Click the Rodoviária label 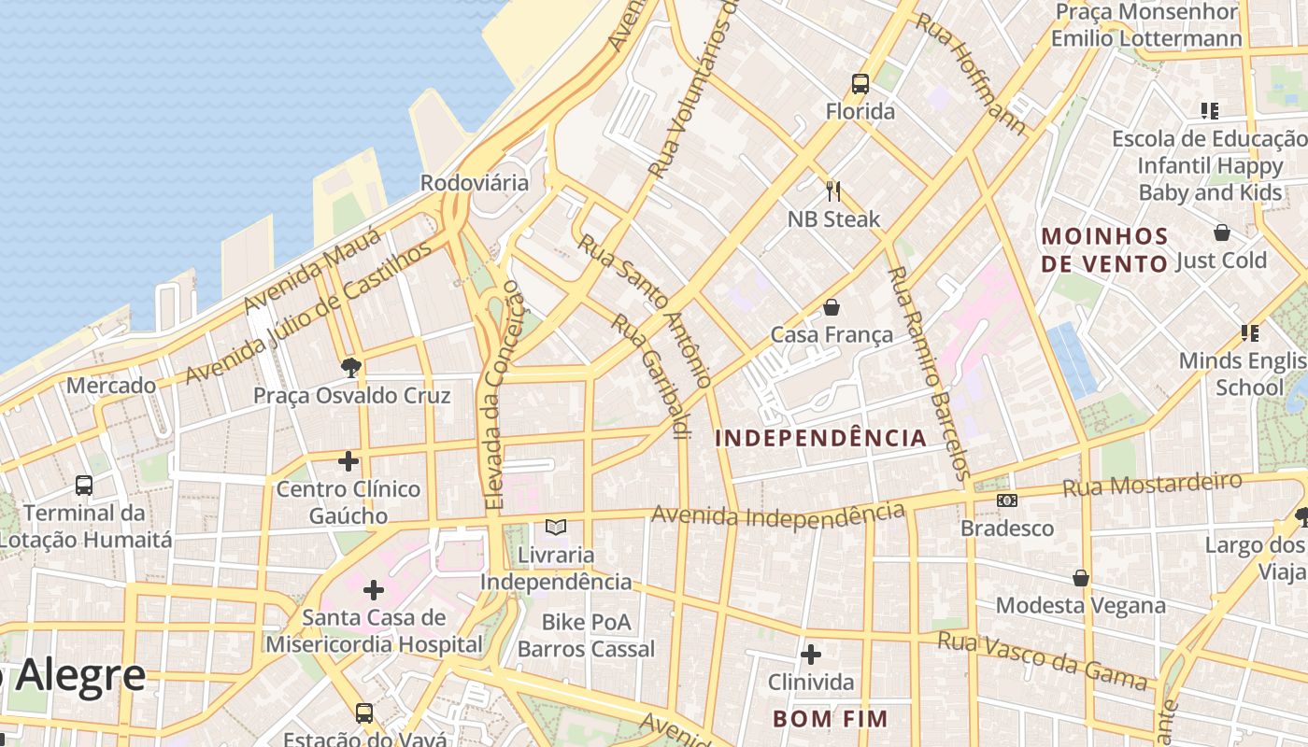[475, 183]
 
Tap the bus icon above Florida [860, 84]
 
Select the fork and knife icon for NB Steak [833, 191]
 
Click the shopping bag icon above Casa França [832, 307]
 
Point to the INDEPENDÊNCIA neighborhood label [820, 438]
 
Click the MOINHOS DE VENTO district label [1104, 249]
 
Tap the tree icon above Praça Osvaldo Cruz [351, 367]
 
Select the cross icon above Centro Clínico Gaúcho [348, 461]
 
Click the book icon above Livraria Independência [556, 528]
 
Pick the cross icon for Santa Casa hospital [374, 590]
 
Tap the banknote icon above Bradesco [1006, 500]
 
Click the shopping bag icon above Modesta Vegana [1081, 578]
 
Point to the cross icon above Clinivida [810, 655]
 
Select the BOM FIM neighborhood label [830, 718]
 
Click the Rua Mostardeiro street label [1152, 485]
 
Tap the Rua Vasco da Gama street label [1043, 659]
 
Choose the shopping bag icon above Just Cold [1221, 233]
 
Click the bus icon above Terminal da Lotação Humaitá [84, 486]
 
